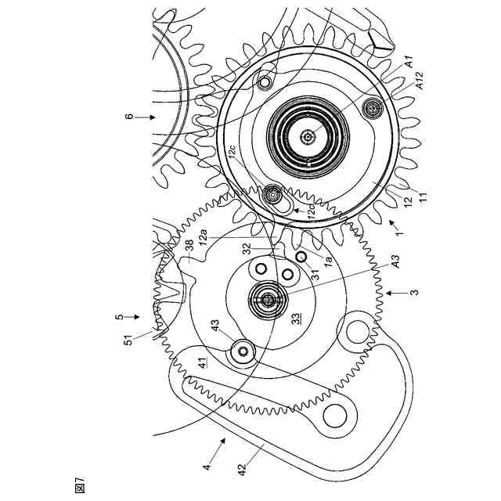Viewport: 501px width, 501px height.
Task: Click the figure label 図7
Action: click(80, 485)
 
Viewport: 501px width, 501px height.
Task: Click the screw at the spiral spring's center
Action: click(311, 137)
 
